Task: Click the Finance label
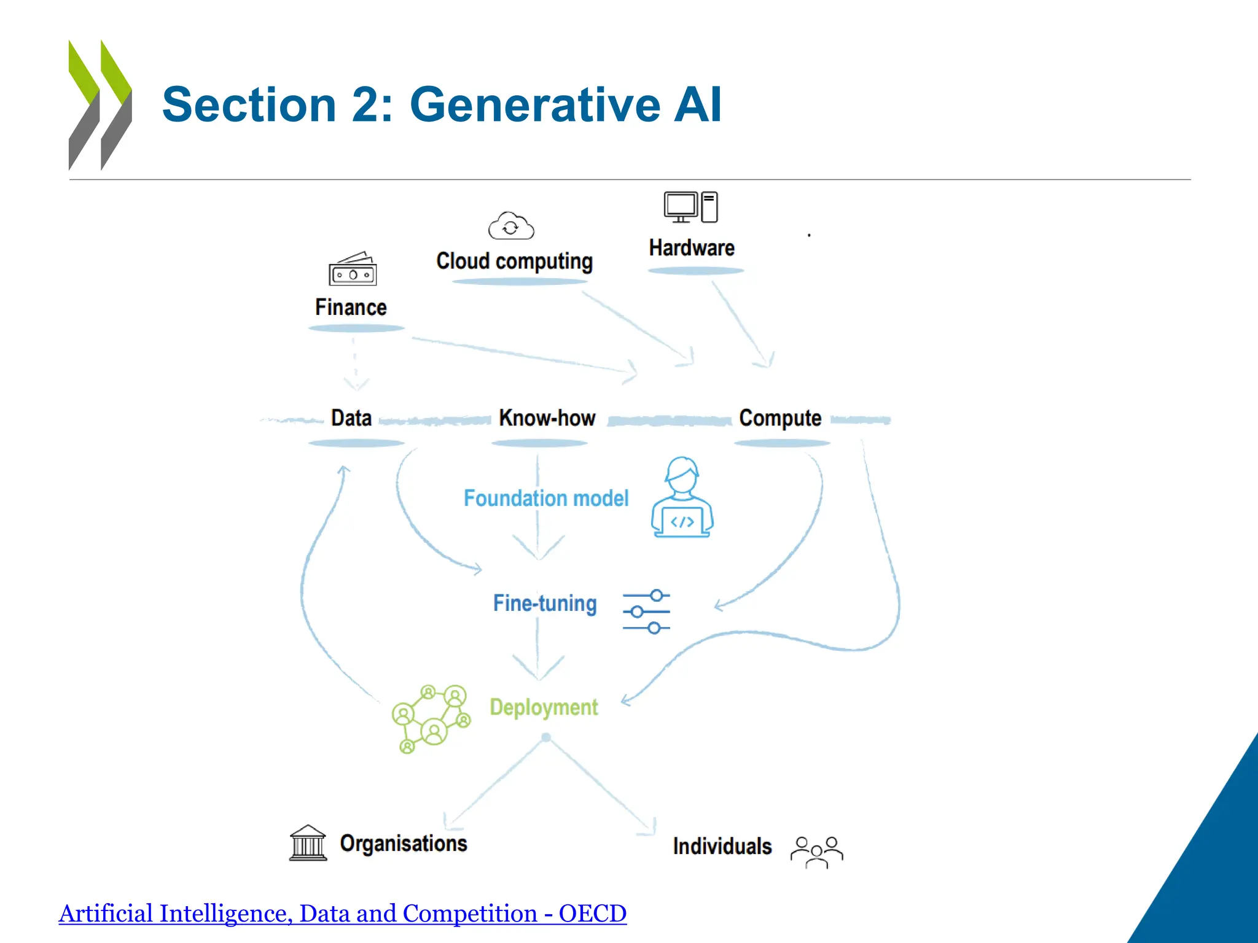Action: pos(351,307)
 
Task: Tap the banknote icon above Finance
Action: pos(353,270)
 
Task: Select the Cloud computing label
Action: pos(514,261)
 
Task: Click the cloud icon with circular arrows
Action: pos(511,226)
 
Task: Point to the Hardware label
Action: pos(692,248)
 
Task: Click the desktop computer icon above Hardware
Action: pos(690,207)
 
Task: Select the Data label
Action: pos(351,418)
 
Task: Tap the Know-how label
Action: pos(547,418)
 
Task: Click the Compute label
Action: pos(780,418)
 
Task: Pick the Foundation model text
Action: pos(546,498)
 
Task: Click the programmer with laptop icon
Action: pos(682,498)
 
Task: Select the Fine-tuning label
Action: pos(545,603)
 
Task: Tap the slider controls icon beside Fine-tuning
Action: pos(646,611)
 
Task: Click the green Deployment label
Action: pos(544,707)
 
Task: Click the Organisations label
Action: pos(404,844)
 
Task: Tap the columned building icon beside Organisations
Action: pos(308,843)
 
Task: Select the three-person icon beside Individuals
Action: pos(816,852)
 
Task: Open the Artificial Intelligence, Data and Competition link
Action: pos(343,914)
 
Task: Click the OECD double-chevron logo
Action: pos(100,105)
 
